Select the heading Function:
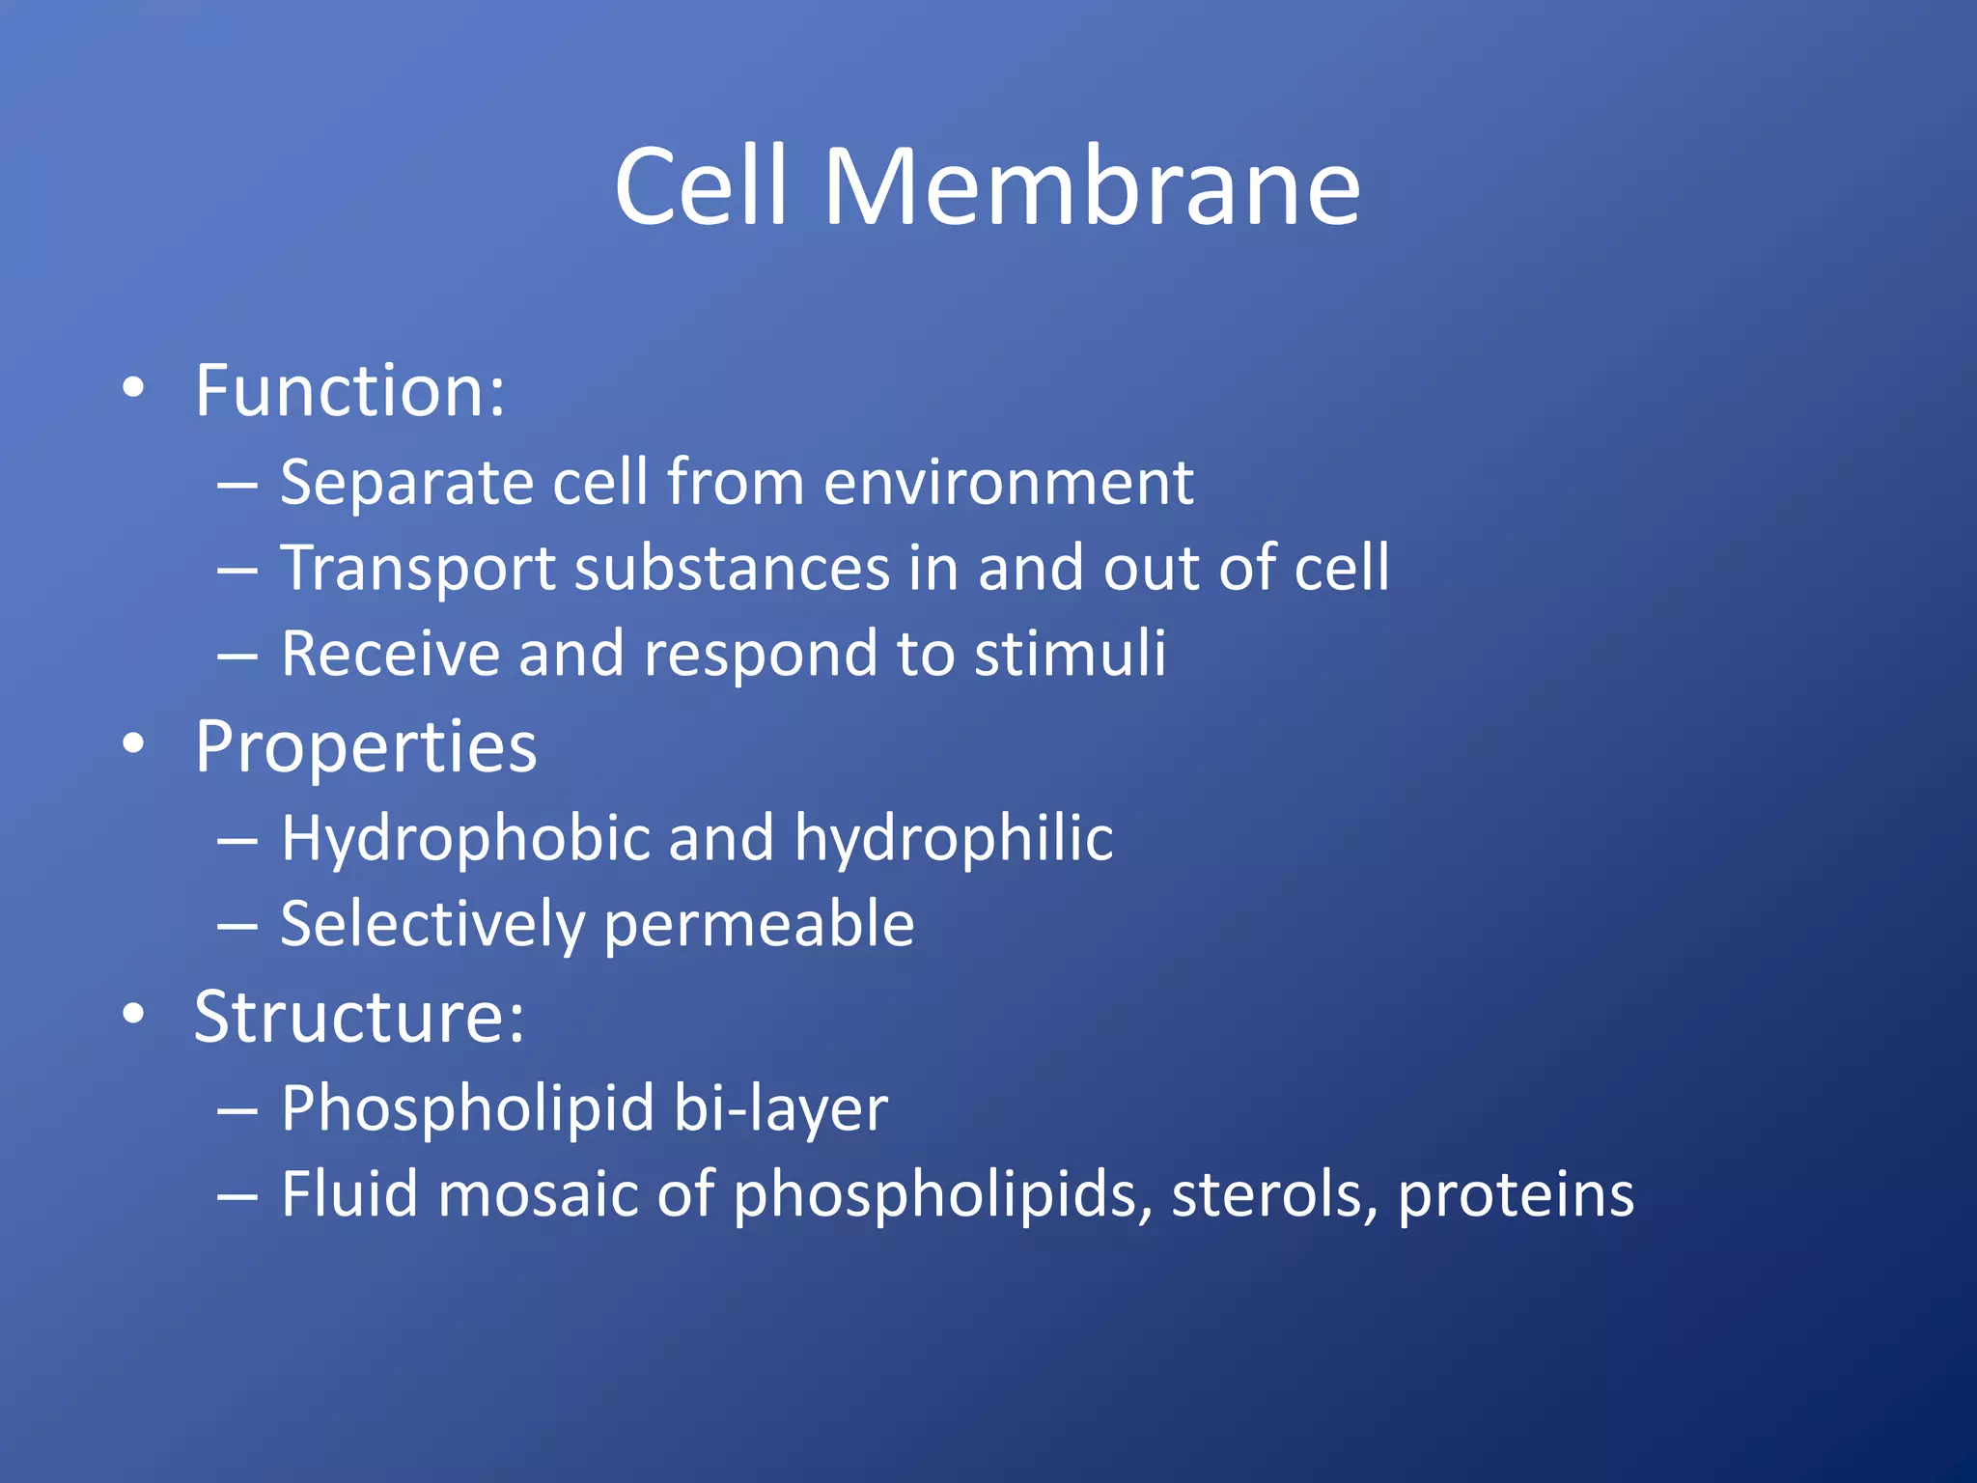point(349,391)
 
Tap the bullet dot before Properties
point(134,744)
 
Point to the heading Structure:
point(359,1017)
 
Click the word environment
point(1009,482)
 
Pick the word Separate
point(406,482)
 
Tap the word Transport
point(418,569)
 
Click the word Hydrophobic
point(465,837)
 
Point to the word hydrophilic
point(954,839)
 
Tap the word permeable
point(759,925)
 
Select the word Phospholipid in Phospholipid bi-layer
point(467,1108)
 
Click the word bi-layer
point(780,1108)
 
